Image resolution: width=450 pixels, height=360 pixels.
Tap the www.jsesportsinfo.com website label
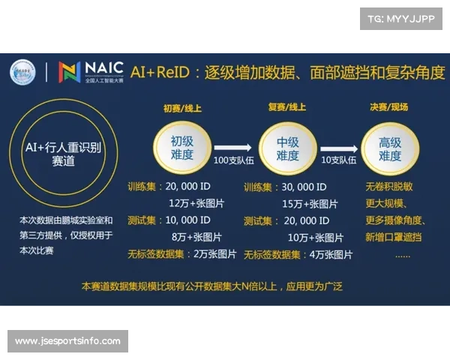67,341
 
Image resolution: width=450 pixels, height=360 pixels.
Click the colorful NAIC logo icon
70,71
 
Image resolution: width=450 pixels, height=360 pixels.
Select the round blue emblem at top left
22,72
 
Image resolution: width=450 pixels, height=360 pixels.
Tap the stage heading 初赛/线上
182,108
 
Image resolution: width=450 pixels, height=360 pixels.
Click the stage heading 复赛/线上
287,108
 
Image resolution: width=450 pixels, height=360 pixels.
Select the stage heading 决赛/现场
389,108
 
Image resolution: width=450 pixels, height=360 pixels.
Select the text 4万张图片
329,254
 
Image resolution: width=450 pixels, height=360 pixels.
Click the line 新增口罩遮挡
394,238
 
